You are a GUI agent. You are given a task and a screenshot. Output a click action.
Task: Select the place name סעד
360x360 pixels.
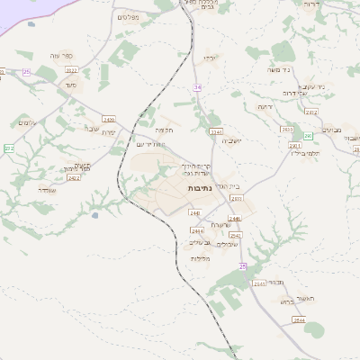click(70, 85)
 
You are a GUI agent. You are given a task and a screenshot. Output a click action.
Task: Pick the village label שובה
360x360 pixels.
click(91, 127)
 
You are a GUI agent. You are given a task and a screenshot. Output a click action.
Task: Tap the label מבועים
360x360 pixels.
click(330, 129)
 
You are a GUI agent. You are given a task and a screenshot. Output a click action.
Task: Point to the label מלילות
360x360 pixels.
click(200, 258)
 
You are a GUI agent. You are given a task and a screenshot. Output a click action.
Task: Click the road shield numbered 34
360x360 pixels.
click(197, 86)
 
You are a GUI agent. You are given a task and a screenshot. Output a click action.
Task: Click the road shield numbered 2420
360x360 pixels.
click(109, 118)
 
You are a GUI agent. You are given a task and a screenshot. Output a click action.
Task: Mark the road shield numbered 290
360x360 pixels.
click(307, 135)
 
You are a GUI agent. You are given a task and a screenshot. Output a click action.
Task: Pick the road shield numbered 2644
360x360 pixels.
click(298, 319)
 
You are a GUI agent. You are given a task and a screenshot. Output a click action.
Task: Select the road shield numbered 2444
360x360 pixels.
click(197, 229)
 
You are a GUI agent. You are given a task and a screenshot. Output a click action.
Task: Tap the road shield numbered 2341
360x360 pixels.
click(215, 131)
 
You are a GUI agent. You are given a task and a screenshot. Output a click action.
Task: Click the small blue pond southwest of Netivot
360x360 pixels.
click(94, 214)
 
